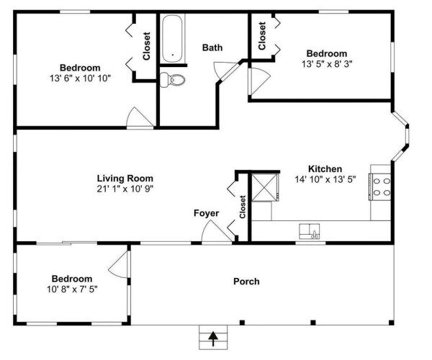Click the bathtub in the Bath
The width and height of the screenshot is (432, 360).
(173, 39)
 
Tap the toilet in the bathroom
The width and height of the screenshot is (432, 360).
(173, 80)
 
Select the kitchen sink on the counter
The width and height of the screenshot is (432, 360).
(310, 231)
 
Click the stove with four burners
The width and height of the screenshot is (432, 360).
(380, 186)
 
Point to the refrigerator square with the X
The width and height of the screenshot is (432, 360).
(265, 187)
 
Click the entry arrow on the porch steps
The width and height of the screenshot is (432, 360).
(213, 339)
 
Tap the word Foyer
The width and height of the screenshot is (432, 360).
(207, 213)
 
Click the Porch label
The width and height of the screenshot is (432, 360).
(246, 282)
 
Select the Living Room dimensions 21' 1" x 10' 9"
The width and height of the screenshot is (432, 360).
(125, 189)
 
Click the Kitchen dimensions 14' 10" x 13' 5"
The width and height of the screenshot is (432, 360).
(325, 179)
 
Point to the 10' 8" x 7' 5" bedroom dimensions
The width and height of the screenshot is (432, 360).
(72, 289)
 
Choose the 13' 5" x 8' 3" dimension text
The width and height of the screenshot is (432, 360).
(327, 64)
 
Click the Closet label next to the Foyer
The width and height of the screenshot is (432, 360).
(243, 207)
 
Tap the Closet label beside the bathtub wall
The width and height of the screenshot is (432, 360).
(147, 46)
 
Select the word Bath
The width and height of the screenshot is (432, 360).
(212, 48)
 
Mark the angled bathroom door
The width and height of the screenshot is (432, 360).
(226, 71)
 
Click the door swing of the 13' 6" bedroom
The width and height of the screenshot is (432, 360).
(139, 117)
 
